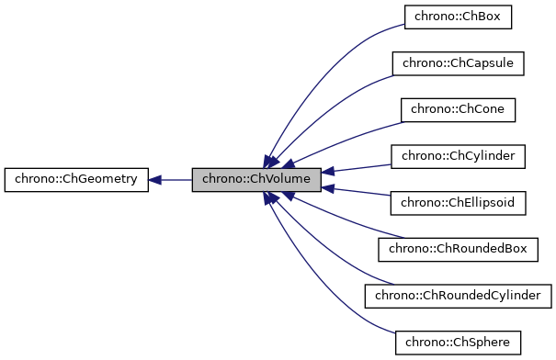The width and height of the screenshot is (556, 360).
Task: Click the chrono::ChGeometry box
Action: click(x=76, y=179)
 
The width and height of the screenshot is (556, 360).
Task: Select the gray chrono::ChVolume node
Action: click(x=256, y=180)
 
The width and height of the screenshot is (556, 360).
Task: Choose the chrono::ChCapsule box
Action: click(x=458, y=63)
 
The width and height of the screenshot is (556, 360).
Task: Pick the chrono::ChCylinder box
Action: click(x=458, y=156)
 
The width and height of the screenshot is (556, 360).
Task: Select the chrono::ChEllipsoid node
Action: click(x=458, y=203)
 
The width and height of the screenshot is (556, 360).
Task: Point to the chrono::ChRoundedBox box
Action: click(x=458, y=249)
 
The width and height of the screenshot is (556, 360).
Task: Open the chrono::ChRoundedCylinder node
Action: click(x=458, y=296)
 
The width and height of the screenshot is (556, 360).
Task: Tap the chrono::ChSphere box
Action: click(x=458, y=343)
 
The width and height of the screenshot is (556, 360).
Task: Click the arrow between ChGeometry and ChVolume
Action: click(x=175, y=180)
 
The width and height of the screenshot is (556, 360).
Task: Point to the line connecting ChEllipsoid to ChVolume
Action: click(x=363, y=193)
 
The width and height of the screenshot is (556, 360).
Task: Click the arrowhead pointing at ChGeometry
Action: click(x=154, y=180)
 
